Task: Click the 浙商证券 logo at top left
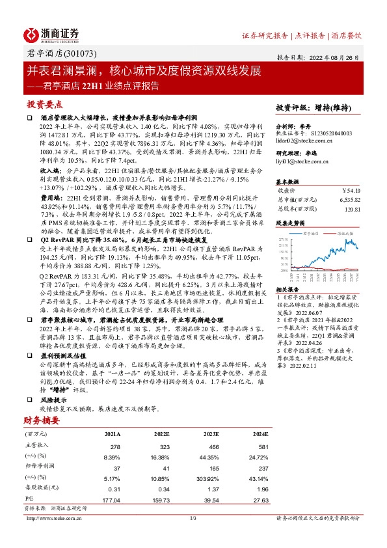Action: click(51, 34)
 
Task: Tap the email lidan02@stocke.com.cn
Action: click(304, 141)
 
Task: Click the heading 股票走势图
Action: click(289, 222)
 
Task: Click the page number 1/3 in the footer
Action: click(193, 518)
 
